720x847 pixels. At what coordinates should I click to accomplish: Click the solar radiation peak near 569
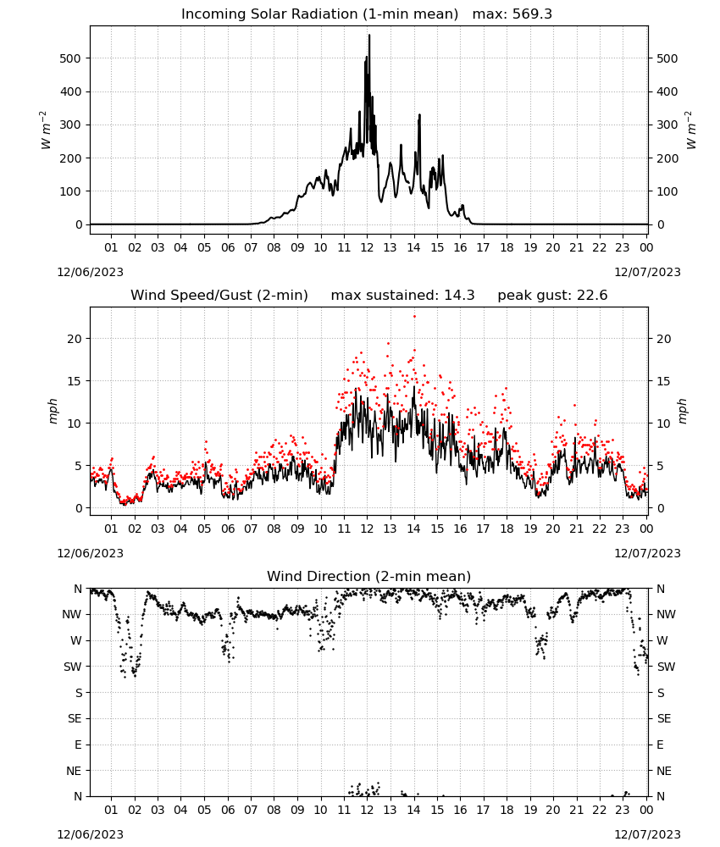[x=369, y=35]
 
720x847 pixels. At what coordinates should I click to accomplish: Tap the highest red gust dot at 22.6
[x=414, y=317]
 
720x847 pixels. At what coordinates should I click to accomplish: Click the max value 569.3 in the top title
[x=532, y=14]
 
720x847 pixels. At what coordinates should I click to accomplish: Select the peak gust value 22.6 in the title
[x=591, y=296]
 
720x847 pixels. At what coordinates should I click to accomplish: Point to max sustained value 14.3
[x=459, y=296]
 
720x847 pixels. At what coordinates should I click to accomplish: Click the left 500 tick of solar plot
[x=70, y=58]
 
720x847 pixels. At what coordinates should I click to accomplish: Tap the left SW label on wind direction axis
[x=73, y=667]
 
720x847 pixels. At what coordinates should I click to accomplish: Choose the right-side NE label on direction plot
[x=664, y=771]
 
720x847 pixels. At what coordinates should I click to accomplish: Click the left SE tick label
[x=75, y=718]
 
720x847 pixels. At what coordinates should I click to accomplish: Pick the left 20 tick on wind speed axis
[x=74, y=339]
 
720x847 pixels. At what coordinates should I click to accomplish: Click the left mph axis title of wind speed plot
[x=53, y=411]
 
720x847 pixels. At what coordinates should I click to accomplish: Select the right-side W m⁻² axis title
[x=691, y=130]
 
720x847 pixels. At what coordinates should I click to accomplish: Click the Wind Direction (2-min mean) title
[x=369, y=576]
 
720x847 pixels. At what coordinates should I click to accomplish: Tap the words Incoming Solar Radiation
[x=269, y=14]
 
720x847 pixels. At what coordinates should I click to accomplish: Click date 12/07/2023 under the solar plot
[x=647, y=272]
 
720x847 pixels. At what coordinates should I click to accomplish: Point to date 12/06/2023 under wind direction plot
[x=90, y=834]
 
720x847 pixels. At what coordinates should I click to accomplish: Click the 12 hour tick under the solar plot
[x=367, y=247]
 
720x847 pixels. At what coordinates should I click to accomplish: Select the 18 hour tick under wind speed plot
[x=507, y=529]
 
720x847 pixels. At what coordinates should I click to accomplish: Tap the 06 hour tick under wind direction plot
[x=227, y=810]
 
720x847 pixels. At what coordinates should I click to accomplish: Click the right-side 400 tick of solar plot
[x=667, y=91]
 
